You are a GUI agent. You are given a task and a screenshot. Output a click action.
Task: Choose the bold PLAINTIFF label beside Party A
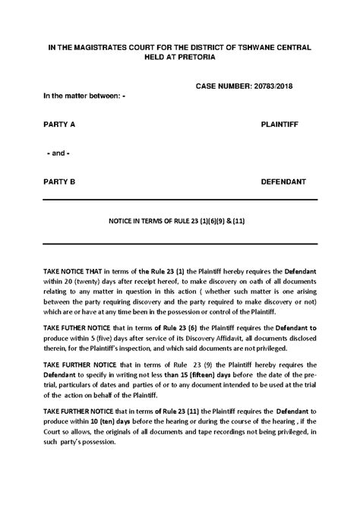283,123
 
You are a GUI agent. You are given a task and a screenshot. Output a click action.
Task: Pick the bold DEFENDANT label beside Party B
283,182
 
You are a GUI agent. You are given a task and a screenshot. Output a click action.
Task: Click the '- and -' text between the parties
58,153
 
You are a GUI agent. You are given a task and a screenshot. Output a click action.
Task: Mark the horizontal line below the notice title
180,242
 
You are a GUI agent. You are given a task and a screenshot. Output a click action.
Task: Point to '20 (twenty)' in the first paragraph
75,281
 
